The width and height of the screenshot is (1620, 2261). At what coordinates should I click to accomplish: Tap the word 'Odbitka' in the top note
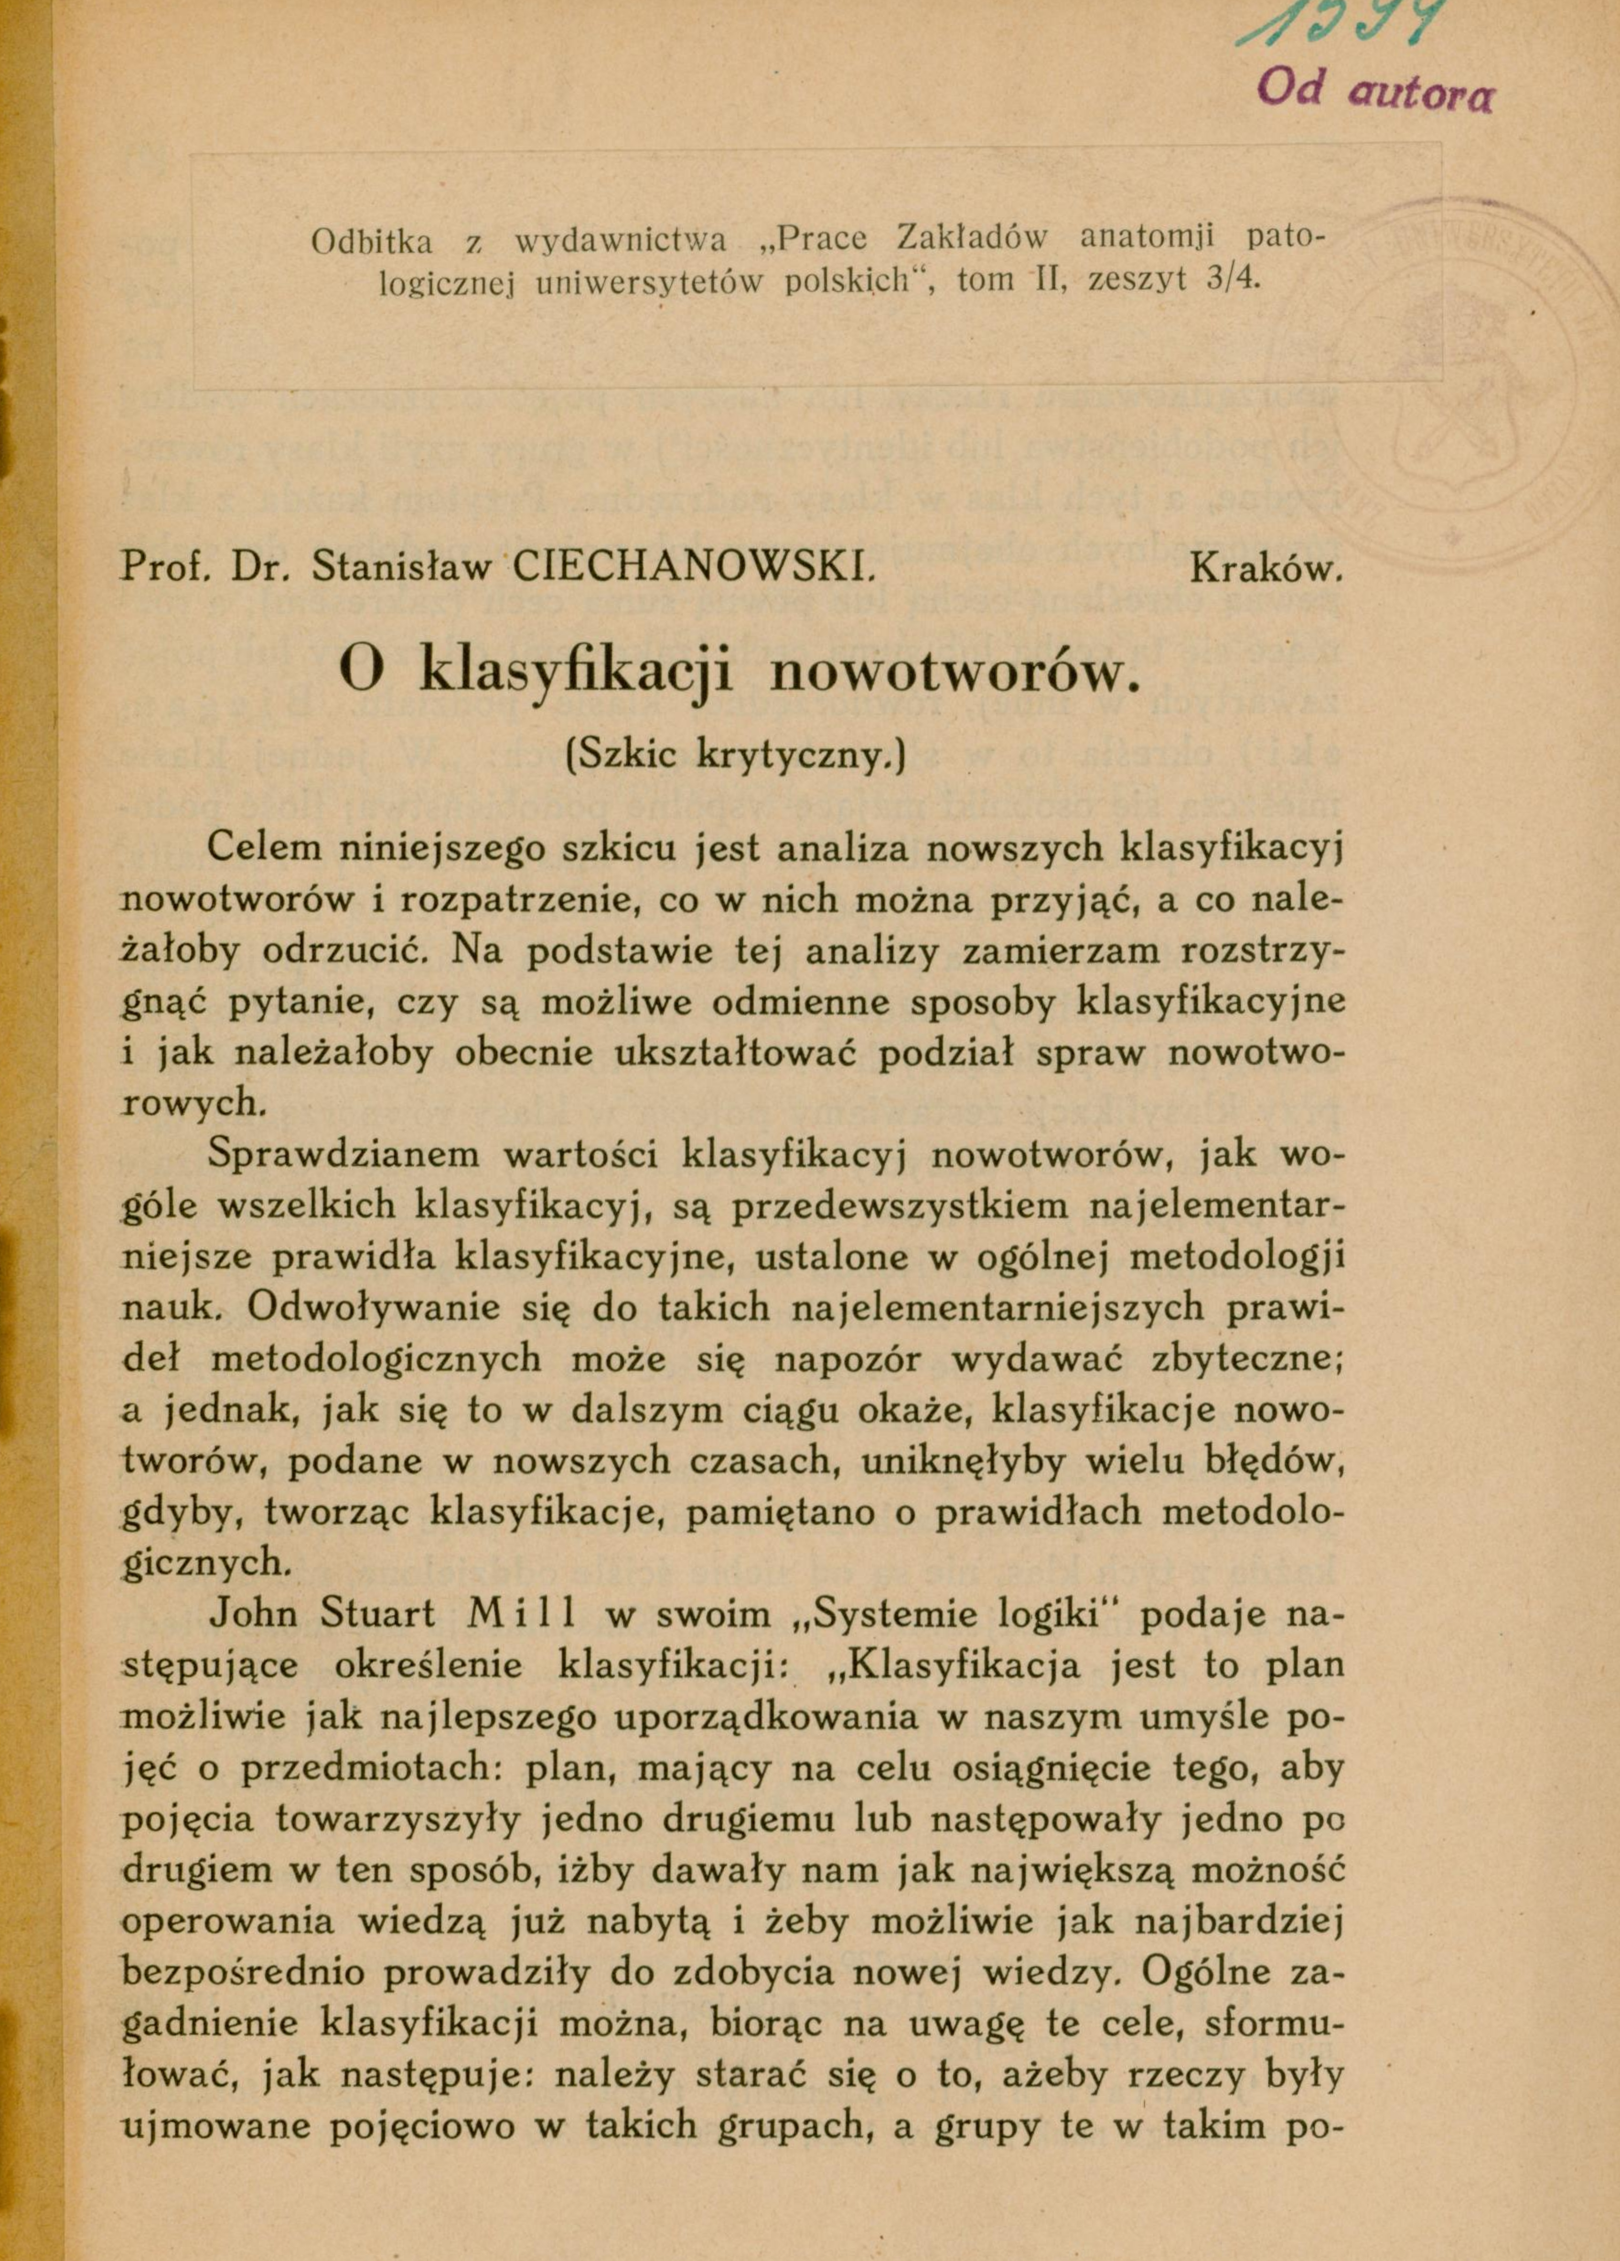(371, 242)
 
